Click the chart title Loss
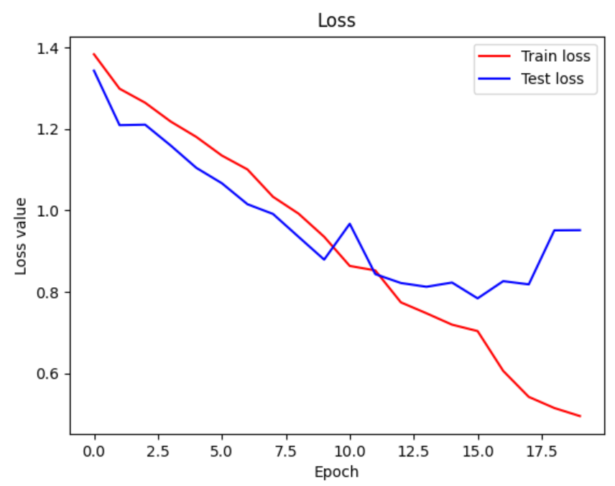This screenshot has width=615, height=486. pyautogui.click(x=336, y=21)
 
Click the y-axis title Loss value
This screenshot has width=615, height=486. pyautogui.click(x=21, y=235)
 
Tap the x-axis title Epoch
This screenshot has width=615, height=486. pyautogui.click(x=336, y=472)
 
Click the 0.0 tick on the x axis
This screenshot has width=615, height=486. pyautogui.click(x=94, y=452)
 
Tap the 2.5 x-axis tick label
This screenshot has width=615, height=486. pyautogui.click(x=158, y=452)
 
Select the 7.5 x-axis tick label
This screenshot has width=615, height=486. pyautogui.click(x=286, y=452)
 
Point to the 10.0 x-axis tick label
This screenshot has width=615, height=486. pyautogui.click(x=350, y=452)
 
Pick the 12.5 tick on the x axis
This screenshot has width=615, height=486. pyautogui.click(x=414, y=452)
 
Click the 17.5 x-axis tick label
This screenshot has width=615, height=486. pyautogui.click(x=542, y=452)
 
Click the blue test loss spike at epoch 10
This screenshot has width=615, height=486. pyautogui.click(x=350, y=224)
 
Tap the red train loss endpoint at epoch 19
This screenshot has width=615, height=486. pyautogui.click(x=580, y=416)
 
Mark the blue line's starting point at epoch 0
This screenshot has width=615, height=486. pyautogui.click(x=94, y=70)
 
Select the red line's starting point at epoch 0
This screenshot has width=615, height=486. pyautogui.click(x=94, y=54)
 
